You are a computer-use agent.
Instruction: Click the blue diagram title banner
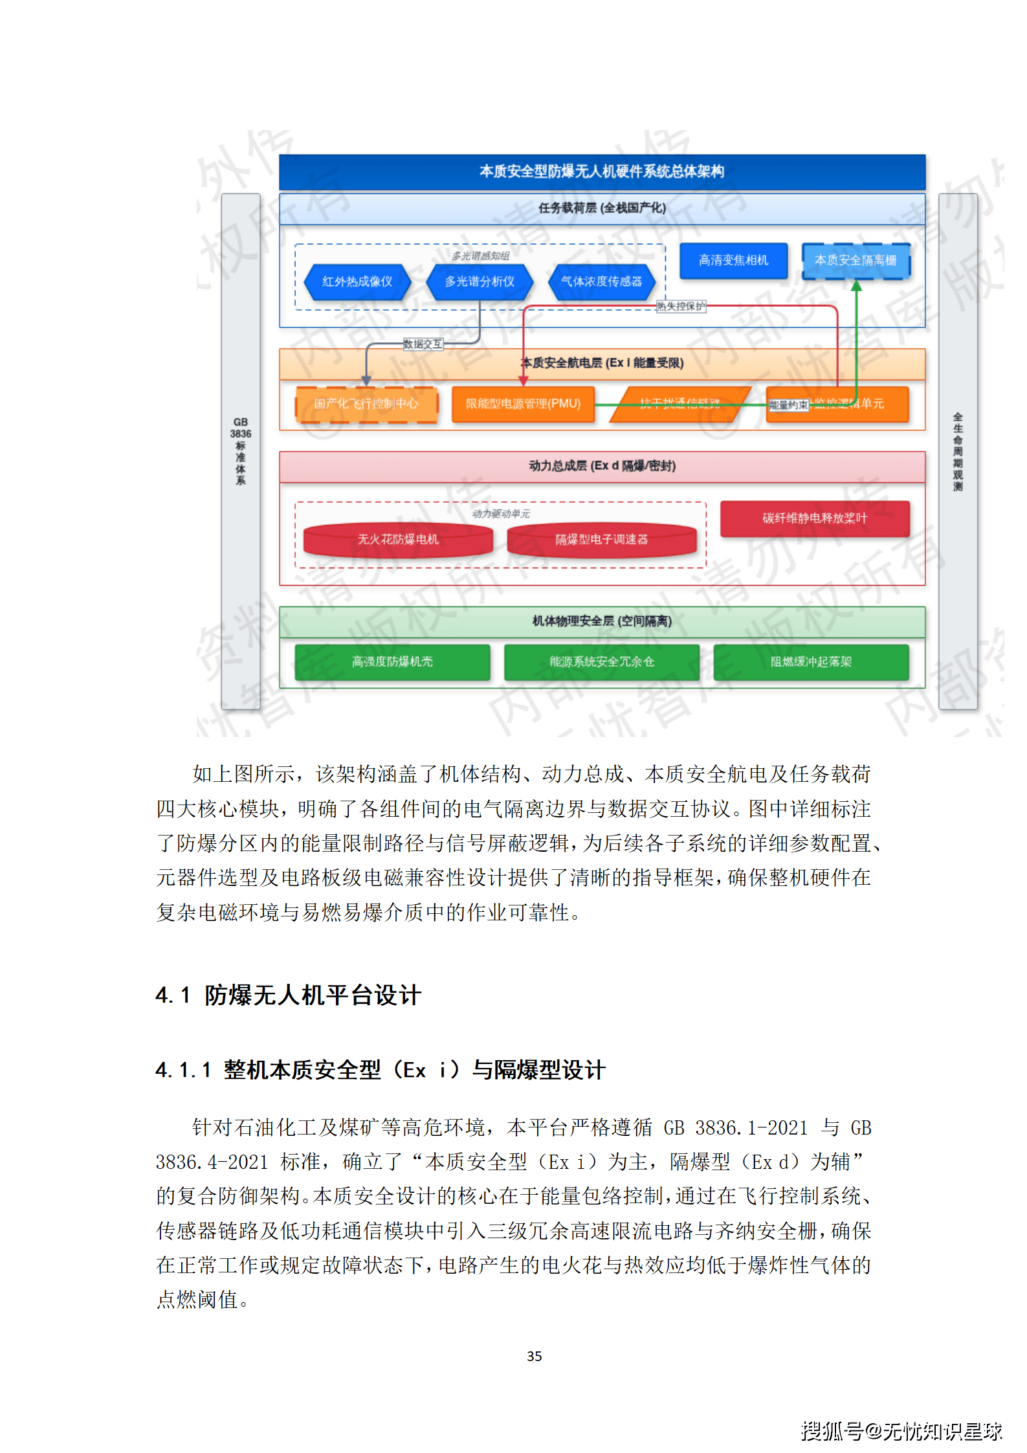coord(602,172)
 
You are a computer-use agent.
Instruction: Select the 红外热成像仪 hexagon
coord(357,282)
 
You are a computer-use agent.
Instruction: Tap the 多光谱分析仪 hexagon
coord(480,282)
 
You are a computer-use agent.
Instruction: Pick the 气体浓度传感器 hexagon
coord(601,282)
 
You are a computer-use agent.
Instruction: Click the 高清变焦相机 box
coord(733,260)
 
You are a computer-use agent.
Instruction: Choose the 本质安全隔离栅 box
coord(856,260)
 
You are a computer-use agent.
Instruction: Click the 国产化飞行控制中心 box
coord(366,404)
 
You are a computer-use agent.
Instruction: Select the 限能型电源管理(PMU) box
coord(523,404)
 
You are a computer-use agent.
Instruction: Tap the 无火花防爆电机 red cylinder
coord(398,539)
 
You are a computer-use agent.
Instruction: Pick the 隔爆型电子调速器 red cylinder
coord(601,539)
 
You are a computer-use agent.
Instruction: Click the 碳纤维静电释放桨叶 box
coord(815,518)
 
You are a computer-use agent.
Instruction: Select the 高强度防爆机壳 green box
coord(392,661)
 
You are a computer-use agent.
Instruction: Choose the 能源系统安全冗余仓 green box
coord(602,661)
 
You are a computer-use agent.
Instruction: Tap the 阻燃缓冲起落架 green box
coord(811,661)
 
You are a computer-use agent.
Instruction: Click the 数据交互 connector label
coord(423,344)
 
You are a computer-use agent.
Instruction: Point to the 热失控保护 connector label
coord(681,306)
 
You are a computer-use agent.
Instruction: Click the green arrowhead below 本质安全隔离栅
coord(856,286)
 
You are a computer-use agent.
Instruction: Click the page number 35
coord(535,1356)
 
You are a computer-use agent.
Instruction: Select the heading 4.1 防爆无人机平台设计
coord(289,995)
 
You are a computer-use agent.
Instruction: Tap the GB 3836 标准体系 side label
coord(241,450)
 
